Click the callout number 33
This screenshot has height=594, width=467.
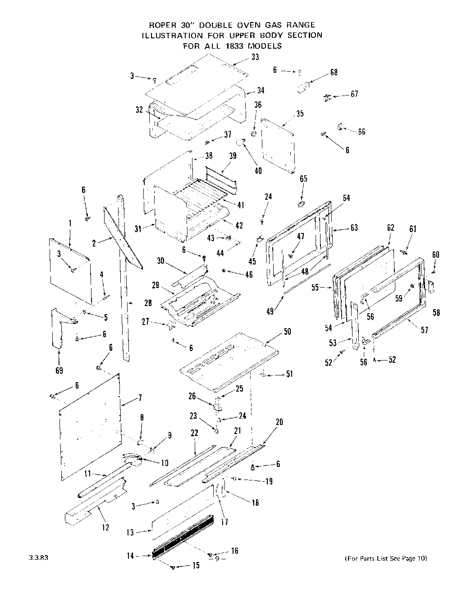click(x=255, y=57)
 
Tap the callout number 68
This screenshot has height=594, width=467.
click(x=334, y=72)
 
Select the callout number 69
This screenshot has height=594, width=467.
click(x=59, y=370)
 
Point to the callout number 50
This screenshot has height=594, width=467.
click(x=287, y=332)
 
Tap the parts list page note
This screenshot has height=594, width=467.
click(x=385, y=558)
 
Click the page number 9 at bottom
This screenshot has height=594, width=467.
click(x=217, y=559)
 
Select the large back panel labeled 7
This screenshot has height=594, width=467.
click(x=90, y=424)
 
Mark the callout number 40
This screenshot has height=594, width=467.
click(x=258, y=171)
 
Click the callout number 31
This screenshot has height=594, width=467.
click(x=138, y=229)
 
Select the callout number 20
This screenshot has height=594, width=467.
click(x=279, y=422)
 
